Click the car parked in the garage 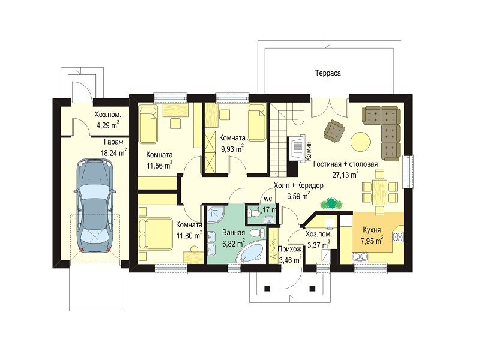coord(95,205)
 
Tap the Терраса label coord(328,73)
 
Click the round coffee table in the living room coord(360,142)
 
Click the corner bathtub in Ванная coord(252,252)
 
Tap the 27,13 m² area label coord(346,175)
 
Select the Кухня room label coord(372,230)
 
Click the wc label coord(268,199)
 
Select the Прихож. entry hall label coord(290,250)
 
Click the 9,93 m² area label coord(232,149)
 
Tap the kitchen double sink coord(360,257)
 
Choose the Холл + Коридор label coord(298,185)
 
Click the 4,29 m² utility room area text coord(107,125)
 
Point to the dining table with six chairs coord(380,192)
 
